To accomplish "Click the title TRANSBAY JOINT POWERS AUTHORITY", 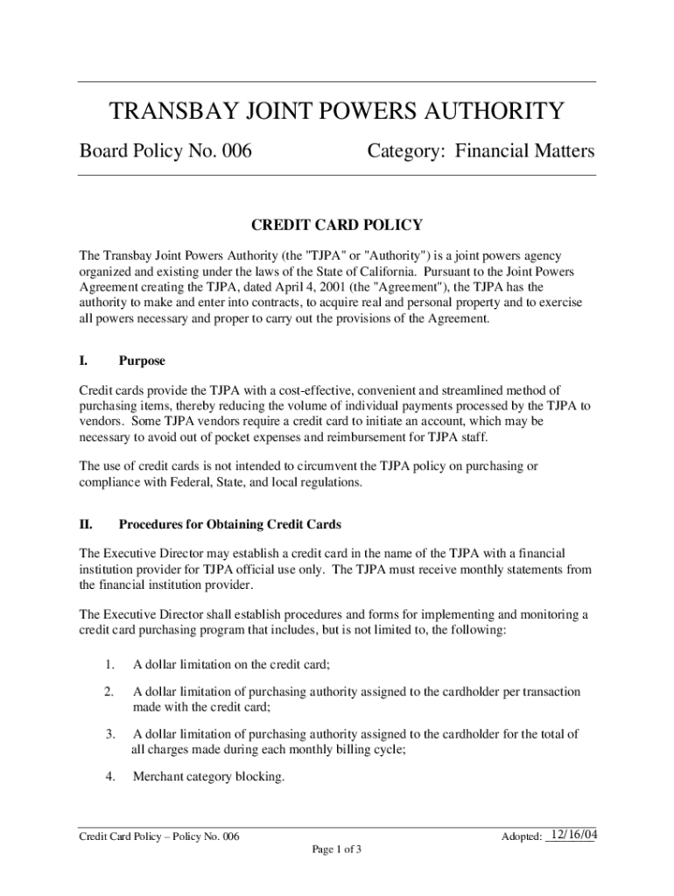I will coord(337,112).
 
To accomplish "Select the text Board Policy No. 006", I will coord(165,152).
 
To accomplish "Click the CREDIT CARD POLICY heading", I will coord(337,226).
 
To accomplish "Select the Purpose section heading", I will coord(142,360).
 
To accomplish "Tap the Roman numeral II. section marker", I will coord(87,525).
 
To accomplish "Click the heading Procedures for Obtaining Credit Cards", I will coord(229,525).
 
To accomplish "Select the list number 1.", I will coord(109,664).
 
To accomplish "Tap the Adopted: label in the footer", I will coord(521,837).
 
